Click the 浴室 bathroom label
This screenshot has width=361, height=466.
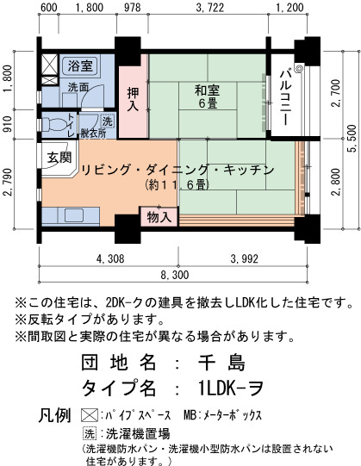tap(80, 65)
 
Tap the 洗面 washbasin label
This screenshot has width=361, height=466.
tap(78, 87)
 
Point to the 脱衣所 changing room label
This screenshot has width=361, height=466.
tap(93, 134)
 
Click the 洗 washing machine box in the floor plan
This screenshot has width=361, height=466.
tap(107, 121)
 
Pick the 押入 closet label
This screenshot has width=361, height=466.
tap(133, 99)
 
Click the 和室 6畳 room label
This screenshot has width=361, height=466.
tap(207, 96)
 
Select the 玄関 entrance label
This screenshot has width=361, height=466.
tap(59, 157)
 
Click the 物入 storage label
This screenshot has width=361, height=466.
tap(159, 217)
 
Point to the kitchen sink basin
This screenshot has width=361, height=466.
tap(74, 215)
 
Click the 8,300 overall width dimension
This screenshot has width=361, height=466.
tap(175, 275)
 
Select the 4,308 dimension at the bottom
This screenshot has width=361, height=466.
tap(110, 258)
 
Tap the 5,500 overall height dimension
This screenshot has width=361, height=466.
tap(352, 139)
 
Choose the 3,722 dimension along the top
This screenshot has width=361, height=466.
tap(210, 8)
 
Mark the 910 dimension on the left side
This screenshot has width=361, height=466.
tap(8, 124)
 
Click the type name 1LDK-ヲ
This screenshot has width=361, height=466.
tap(231, 388)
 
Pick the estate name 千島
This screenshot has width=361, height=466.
tap(221, 363)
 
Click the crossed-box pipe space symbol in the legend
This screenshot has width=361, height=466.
tap(90, 415)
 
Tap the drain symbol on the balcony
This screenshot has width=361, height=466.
tap(299, 69)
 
